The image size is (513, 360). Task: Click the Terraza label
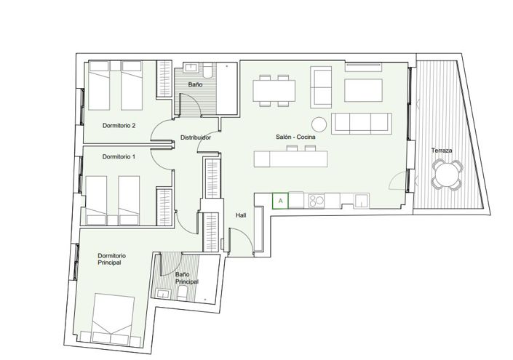pyautogui.click(x=442, y=151)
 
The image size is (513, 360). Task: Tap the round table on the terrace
pyautogui.click(x=445, y=175)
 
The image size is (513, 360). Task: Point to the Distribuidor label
pyautogui.click(x=196, y=137)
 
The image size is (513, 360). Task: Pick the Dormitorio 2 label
pyautogui.click(x=119, y=125)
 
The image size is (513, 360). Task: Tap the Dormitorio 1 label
pyautogui.click(x=119, y=156)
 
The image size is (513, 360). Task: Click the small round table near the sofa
pyautogui.click(x=319, y=123)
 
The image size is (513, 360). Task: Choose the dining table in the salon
pyautogui.click(x=275, y=89)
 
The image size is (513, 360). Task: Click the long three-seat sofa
pyautogui.click(x=362, y=123)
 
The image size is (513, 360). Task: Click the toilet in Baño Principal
pyautogui.click(x=183, y=292)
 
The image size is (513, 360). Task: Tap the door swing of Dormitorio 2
pyautogui.click(x=159, y=132)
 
